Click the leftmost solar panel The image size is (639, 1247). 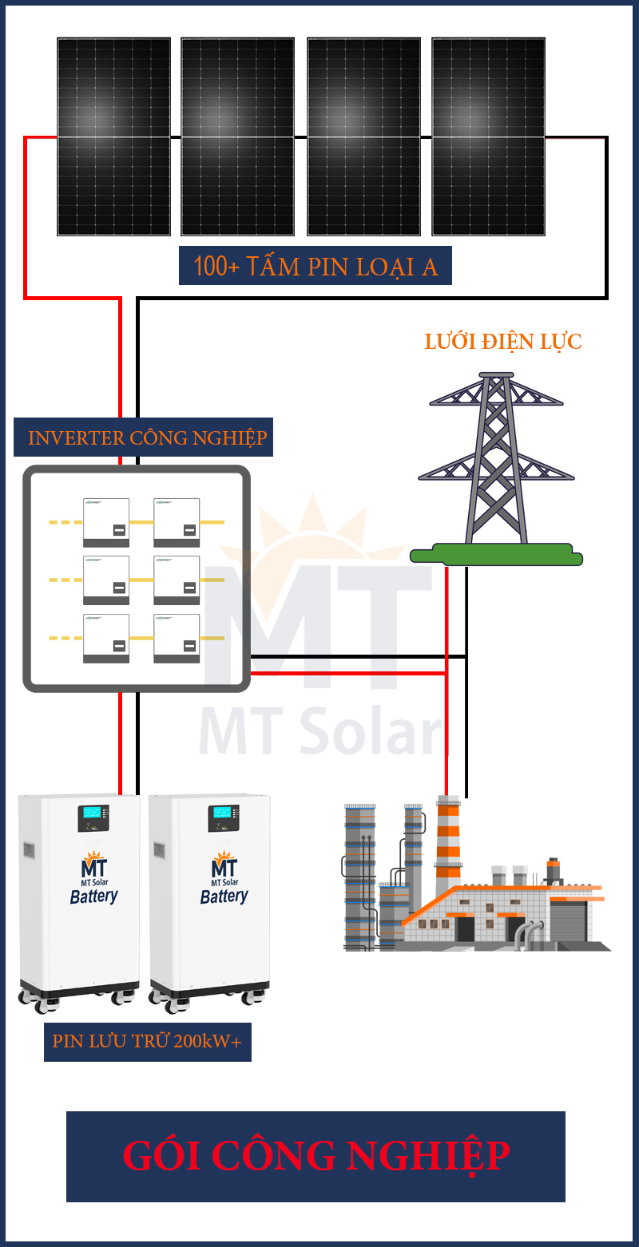click(x=113, y=137)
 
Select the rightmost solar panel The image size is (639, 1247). click(x=488, y=137)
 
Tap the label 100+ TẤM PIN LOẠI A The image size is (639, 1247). click(x=316, y=267)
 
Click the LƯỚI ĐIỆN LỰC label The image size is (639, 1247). click(x=503, y=342)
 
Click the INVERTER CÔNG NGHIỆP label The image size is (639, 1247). click(x=144, y=437)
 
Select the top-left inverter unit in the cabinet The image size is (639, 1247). click(x=106, y=522)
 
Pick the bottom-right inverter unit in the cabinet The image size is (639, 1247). click(x=177, y=638)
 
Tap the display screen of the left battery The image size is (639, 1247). click(x=93, y=817)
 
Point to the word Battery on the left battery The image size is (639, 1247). click(x=93, y=897)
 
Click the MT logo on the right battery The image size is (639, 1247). click(x=224, y=866)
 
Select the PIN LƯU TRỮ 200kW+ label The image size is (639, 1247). click(x=147, y=1042)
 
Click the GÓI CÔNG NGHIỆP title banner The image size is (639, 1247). click(x=316, y=1156)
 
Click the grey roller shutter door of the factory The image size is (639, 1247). click(x=569, y=924)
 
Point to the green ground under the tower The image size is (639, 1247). click(x=496, y=554)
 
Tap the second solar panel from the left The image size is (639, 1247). click(x=238, y=137)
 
